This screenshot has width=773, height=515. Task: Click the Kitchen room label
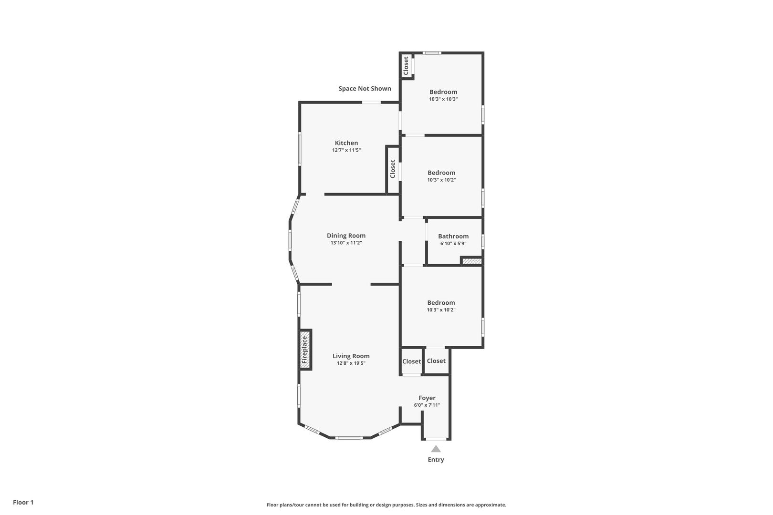tap(346, 143)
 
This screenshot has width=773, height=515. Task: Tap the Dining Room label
tap(346, 236)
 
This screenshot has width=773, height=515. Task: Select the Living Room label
tap(351, 356)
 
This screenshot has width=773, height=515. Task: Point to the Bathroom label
tap(453, 237)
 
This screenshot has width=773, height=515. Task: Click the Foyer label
tap(427, 398)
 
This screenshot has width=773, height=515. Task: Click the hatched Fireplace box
tap(305, 350)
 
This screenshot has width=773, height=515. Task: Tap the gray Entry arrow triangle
tap(436, 449)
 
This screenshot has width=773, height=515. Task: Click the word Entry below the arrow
tap(436, 460)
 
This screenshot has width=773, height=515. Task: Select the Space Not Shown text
tap(365, 89)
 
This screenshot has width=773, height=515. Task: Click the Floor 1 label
tap(23, 502)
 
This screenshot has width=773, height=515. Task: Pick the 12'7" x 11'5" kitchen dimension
tap(346, 150)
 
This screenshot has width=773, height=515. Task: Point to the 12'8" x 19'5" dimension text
tap(351, 363)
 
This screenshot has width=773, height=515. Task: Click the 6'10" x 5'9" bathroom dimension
tap(453, 244)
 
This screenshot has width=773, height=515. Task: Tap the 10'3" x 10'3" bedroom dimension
tap(443, 99)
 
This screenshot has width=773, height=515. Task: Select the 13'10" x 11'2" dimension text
tap(346, 243)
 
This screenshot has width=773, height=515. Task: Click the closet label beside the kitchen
tap(392, 169)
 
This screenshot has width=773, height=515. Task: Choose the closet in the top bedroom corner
tap(406, 65)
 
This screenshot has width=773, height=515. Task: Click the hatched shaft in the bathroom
tap(472, 261)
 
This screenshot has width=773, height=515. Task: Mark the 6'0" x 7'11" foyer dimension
tap(427, 405)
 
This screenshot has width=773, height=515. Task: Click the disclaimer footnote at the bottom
tap(386, 505)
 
